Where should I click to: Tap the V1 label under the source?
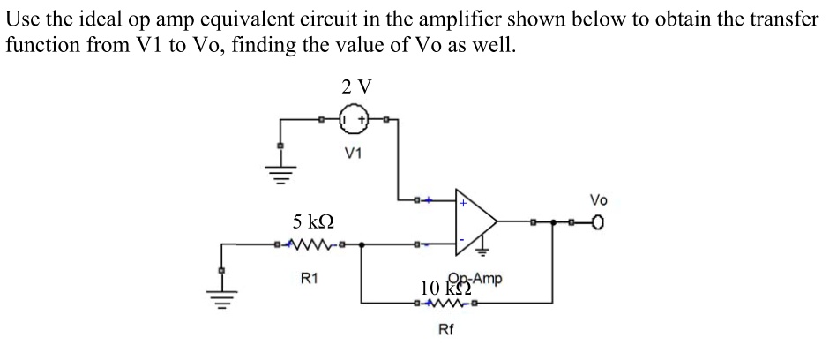tap(354, 152)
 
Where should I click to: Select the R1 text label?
tap(310, 279)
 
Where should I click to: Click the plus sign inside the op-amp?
tap(460, 203)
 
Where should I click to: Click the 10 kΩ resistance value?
tap(442, 287)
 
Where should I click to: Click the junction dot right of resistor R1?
tap(362, 243)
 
